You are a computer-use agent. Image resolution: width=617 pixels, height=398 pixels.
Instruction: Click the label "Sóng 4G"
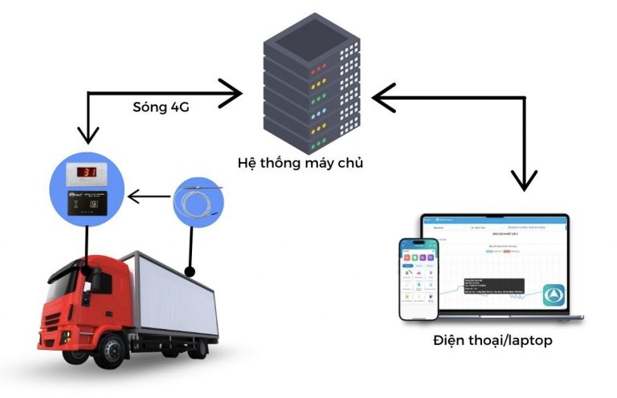(x=161, y=108)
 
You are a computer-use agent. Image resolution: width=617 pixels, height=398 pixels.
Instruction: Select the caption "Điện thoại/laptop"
(x=492, y=340)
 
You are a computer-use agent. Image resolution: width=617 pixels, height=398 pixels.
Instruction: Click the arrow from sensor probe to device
(x=149, y=194)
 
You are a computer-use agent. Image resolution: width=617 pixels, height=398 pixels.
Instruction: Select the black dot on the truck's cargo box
(x=190, y=270)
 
